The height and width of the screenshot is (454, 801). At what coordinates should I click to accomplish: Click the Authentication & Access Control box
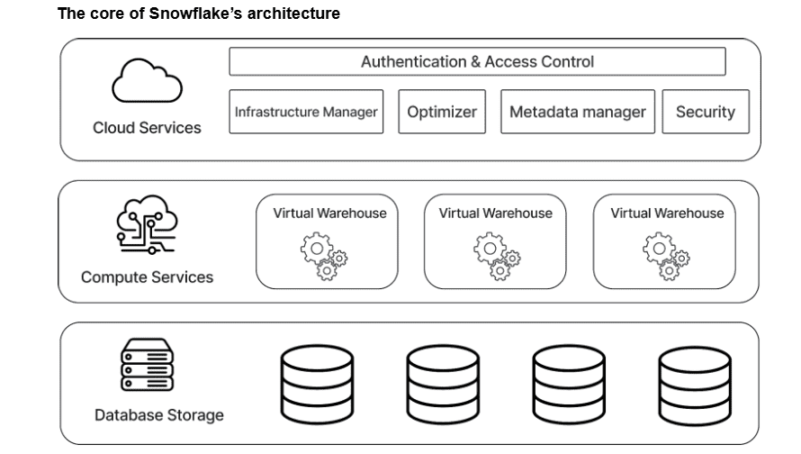point(477,61)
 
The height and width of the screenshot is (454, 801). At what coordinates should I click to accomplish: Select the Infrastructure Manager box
point(306,112)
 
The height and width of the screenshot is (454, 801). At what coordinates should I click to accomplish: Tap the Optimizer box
point(442,112)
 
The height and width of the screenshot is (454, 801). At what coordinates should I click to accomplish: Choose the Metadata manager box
point(577,112)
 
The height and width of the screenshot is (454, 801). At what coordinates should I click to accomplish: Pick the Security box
point(706,112)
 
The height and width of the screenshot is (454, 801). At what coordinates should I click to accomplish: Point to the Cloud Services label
point(147,128)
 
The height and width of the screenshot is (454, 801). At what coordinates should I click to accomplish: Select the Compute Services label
point(148,277)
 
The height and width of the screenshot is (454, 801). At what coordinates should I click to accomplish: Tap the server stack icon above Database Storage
point(146,365)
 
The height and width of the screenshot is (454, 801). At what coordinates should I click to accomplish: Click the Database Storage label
point(159,415)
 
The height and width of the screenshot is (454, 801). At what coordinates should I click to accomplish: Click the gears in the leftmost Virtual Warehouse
point(323,256)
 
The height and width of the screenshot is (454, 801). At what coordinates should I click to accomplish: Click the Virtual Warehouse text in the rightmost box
point(667,213)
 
